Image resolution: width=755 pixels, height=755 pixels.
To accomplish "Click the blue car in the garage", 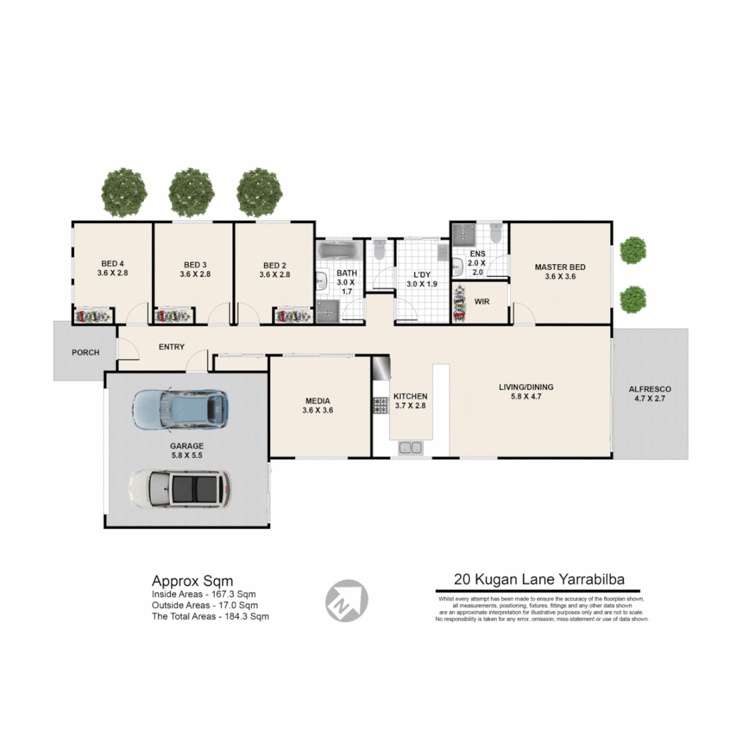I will (180, 409).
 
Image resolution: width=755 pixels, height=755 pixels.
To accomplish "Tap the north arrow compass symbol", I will (347, 600).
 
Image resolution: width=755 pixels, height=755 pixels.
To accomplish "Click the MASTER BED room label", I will (560, 267).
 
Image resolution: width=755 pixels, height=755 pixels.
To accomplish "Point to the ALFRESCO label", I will (650, 389).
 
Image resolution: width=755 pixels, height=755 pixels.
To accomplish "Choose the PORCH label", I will (85, 352).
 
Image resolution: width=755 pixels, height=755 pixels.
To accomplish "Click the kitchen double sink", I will (410, 447).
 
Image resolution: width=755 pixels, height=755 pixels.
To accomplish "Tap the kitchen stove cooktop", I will (381, 405).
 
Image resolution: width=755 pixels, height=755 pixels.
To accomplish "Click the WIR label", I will (482, 303).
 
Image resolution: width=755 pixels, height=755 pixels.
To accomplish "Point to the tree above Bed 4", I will (124, 192).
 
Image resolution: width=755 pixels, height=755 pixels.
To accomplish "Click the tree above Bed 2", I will (259, 192).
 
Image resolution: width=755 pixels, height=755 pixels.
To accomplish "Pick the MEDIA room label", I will (317, 401).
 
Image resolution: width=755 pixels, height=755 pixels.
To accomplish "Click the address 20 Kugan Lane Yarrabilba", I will (538, 579).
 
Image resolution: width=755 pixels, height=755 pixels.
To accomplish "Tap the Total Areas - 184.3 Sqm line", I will (210, 617).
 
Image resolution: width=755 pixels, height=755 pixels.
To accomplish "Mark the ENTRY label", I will (172, 347).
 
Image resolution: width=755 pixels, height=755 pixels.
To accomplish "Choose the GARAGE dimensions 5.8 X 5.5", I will (187, 454).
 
